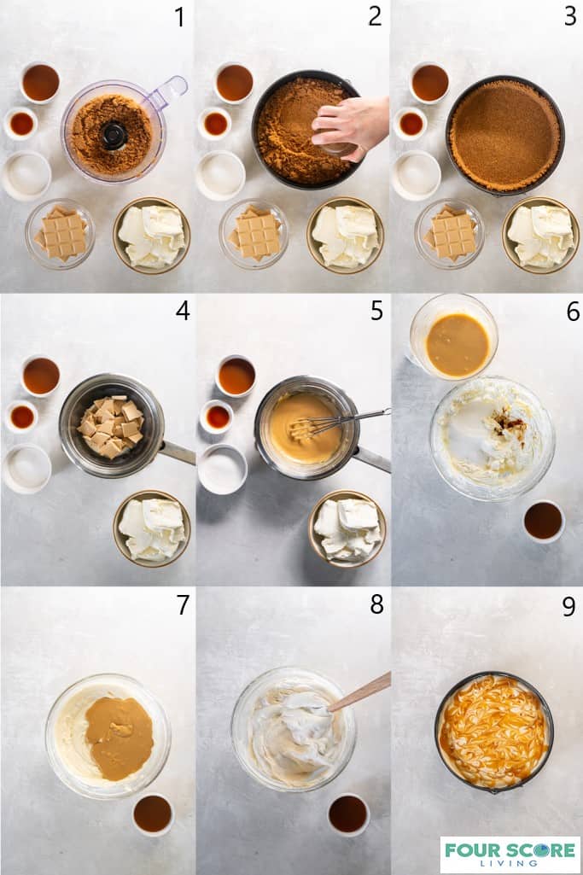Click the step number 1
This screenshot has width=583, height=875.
point(179,17)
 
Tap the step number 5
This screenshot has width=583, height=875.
point(376,311)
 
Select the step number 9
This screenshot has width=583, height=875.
point(568,606)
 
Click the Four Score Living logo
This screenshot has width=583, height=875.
point(510,854)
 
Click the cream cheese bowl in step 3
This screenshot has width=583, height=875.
point(540,235)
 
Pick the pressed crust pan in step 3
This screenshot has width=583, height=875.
point(504,135)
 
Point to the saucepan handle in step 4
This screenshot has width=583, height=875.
point(177,452)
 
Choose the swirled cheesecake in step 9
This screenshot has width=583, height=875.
point(493,732)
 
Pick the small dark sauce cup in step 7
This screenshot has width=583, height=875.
point(153,813)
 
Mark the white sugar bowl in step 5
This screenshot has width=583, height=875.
point(223,469)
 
